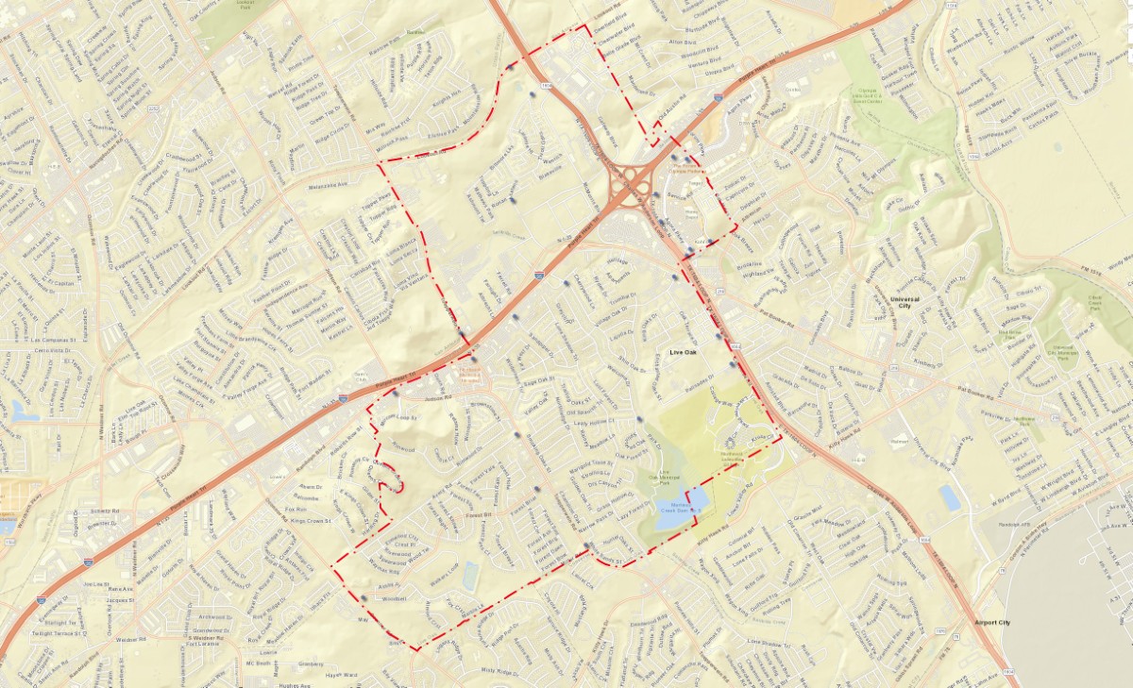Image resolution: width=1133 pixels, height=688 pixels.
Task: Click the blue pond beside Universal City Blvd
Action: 950,497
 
